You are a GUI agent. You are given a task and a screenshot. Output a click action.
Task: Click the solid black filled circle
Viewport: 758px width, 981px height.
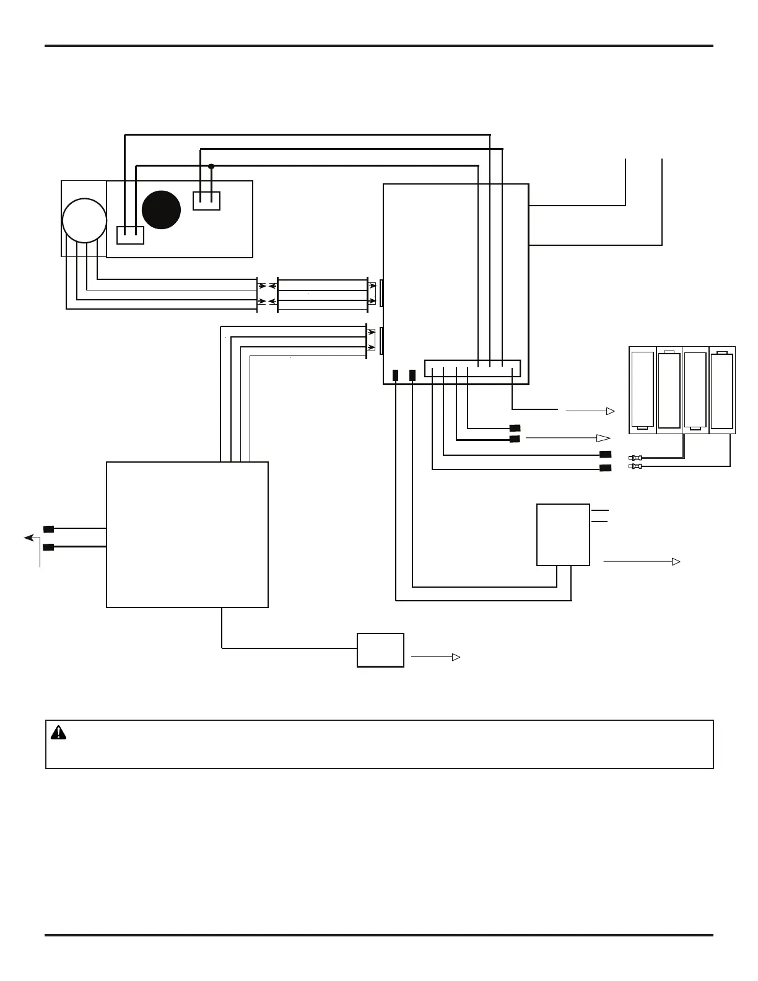click(161, 210)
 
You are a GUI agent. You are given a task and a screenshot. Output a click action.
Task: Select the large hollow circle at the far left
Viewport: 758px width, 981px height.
click(84, 220)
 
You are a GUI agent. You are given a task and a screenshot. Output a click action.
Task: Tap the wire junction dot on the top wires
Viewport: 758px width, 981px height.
click(211, 166)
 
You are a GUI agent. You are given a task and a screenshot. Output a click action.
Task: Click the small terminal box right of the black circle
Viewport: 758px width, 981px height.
click(207, 201)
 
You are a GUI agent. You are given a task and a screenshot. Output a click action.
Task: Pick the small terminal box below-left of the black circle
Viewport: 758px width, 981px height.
click(130, 235)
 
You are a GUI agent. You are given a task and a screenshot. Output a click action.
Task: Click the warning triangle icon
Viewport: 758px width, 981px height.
click(58, 733)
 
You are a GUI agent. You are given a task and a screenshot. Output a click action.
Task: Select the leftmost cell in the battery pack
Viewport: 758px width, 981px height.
click(643, 390)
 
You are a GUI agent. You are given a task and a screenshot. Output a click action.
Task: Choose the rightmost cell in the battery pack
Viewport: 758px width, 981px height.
click(722, 390)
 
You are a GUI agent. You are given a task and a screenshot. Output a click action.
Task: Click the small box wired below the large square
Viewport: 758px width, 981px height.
click(380, 650)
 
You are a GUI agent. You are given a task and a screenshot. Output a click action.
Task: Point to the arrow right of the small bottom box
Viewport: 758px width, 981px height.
click(436, 657)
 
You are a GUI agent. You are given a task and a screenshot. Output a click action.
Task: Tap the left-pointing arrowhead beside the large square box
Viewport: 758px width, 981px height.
click(28, 538)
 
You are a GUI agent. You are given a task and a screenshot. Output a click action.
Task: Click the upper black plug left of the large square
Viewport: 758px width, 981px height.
click(48, 529)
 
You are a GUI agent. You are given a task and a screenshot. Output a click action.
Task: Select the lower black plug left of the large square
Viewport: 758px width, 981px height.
click(48, 547)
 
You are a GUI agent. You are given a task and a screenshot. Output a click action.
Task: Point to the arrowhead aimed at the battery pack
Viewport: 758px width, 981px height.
click(610, 411)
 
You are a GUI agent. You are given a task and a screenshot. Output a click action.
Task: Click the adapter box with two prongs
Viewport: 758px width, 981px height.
click(563, 534)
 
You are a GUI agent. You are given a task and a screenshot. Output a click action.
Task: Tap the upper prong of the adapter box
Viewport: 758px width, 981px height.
click(599, 510)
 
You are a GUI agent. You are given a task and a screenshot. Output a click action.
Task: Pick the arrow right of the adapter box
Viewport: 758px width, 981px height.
click(642, 562)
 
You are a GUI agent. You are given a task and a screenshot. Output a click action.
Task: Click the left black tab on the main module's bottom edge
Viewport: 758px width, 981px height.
click(396, 375)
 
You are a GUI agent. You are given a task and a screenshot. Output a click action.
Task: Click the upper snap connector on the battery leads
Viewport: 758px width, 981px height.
click(635, 458)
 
